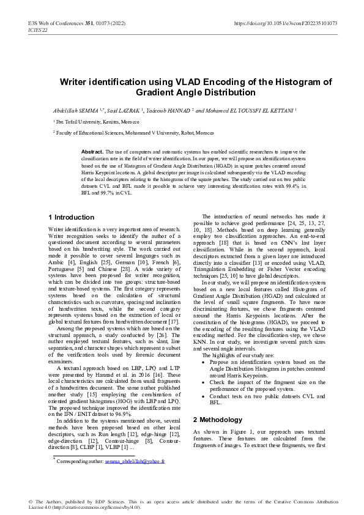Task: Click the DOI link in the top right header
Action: pos(286,24)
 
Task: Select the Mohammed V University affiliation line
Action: pos(134,133)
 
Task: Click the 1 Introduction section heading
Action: pos(71,217)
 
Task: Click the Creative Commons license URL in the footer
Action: pos(92,507)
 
